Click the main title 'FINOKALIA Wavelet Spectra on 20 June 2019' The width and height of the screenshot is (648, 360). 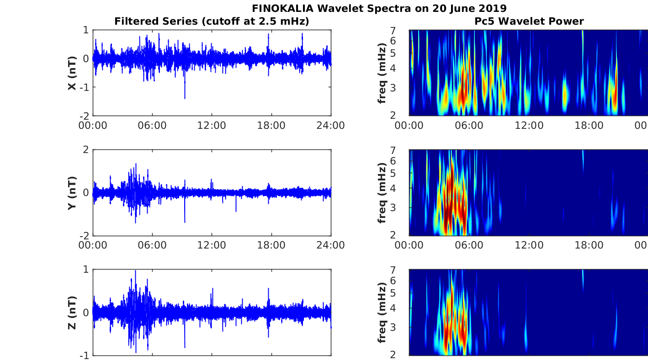point(379,8)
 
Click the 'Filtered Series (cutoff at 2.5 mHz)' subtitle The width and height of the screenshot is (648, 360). point(212,21)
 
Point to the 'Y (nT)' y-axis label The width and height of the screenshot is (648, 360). point(72,193)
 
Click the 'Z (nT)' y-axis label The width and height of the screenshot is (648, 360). point(72,312)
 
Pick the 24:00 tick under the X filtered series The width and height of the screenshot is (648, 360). point(331,125)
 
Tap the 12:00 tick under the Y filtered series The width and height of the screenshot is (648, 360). point(212,245)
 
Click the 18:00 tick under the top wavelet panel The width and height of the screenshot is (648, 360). point(589,125)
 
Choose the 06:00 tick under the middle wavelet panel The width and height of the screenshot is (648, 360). point(469,245)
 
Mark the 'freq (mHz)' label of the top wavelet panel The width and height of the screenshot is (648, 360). point(383,73)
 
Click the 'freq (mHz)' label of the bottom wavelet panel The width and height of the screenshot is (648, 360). point(383,312)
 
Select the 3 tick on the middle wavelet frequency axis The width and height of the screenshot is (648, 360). point(403,207)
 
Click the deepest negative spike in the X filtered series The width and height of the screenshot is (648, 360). point(185,98)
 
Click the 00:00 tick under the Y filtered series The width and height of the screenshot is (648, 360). point(93,245)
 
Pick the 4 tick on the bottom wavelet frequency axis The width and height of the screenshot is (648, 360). point(403,308)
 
